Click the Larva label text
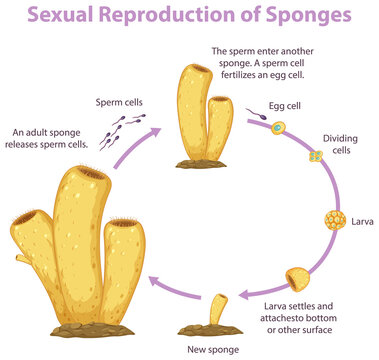(362, 219)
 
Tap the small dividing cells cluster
(315, 157)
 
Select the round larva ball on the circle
(335, 219)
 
